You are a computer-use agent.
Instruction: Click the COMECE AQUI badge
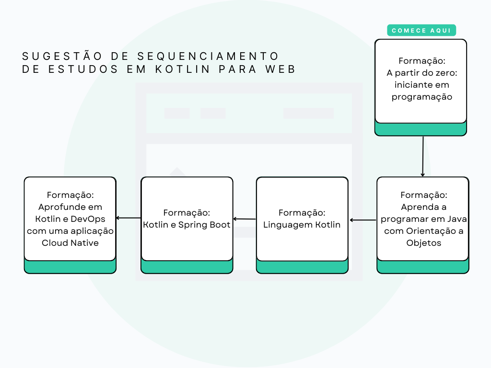(421, 31)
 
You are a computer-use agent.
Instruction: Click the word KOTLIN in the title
(183, 69)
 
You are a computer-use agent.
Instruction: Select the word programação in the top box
(422, 97)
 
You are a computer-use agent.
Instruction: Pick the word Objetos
(423, 242)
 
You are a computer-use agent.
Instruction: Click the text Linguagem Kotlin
(302, 225)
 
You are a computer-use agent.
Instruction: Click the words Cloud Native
(70, 242)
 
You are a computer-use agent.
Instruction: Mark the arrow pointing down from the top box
(423, 156)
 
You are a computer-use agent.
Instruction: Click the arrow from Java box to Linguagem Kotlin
(363, 220)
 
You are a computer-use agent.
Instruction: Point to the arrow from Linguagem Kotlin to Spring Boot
(245, 219)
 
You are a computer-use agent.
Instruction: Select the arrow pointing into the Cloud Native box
(129, 218)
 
